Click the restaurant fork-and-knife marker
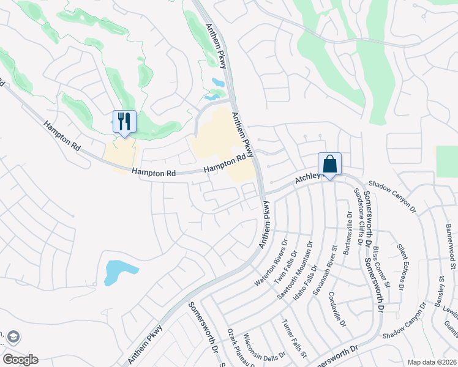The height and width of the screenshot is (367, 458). [125, 121]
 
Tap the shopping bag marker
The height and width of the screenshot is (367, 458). [329, 164]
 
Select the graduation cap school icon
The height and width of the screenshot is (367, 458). [13, 337]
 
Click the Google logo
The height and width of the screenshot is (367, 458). [20, 360]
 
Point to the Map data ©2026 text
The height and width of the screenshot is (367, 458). [432, 362]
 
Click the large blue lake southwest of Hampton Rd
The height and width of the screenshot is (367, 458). [116, 272]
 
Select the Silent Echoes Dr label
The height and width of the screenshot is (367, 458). [402, 269]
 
